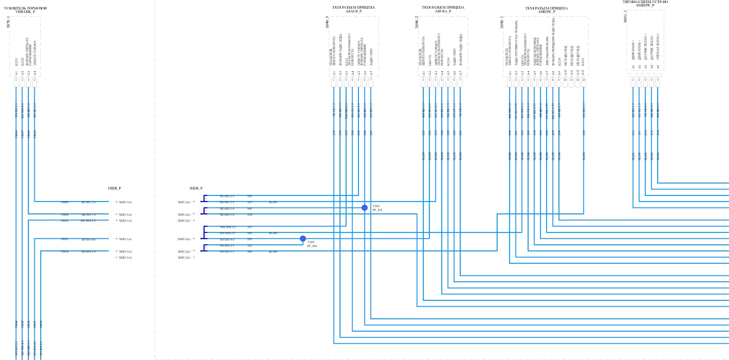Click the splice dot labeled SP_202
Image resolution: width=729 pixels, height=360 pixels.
364,208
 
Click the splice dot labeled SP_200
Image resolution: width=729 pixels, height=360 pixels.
303,239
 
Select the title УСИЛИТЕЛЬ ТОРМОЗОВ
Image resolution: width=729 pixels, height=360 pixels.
25,8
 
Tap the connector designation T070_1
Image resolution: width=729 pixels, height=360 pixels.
8,22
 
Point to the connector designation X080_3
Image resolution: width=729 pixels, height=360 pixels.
327,22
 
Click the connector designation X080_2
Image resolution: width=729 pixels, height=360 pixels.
416,22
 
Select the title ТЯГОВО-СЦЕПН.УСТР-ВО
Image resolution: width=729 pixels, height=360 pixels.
645,2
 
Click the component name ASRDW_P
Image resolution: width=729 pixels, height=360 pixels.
547,12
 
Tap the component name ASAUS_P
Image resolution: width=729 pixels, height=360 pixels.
353,11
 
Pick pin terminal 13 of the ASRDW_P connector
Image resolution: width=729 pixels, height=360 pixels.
583,80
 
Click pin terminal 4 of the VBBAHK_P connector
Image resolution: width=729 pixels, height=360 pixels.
34,80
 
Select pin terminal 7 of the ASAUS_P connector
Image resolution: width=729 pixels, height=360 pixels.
371,80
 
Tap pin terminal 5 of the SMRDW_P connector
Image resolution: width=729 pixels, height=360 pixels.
657,80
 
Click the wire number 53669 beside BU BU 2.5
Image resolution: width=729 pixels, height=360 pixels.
64,202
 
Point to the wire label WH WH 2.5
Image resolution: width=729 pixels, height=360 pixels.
228,227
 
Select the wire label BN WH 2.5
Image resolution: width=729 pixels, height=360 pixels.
228,233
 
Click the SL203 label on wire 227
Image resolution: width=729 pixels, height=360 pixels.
273,202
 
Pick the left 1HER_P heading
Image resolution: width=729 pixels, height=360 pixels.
114,188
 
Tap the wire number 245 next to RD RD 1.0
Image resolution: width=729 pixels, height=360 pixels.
250,209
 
